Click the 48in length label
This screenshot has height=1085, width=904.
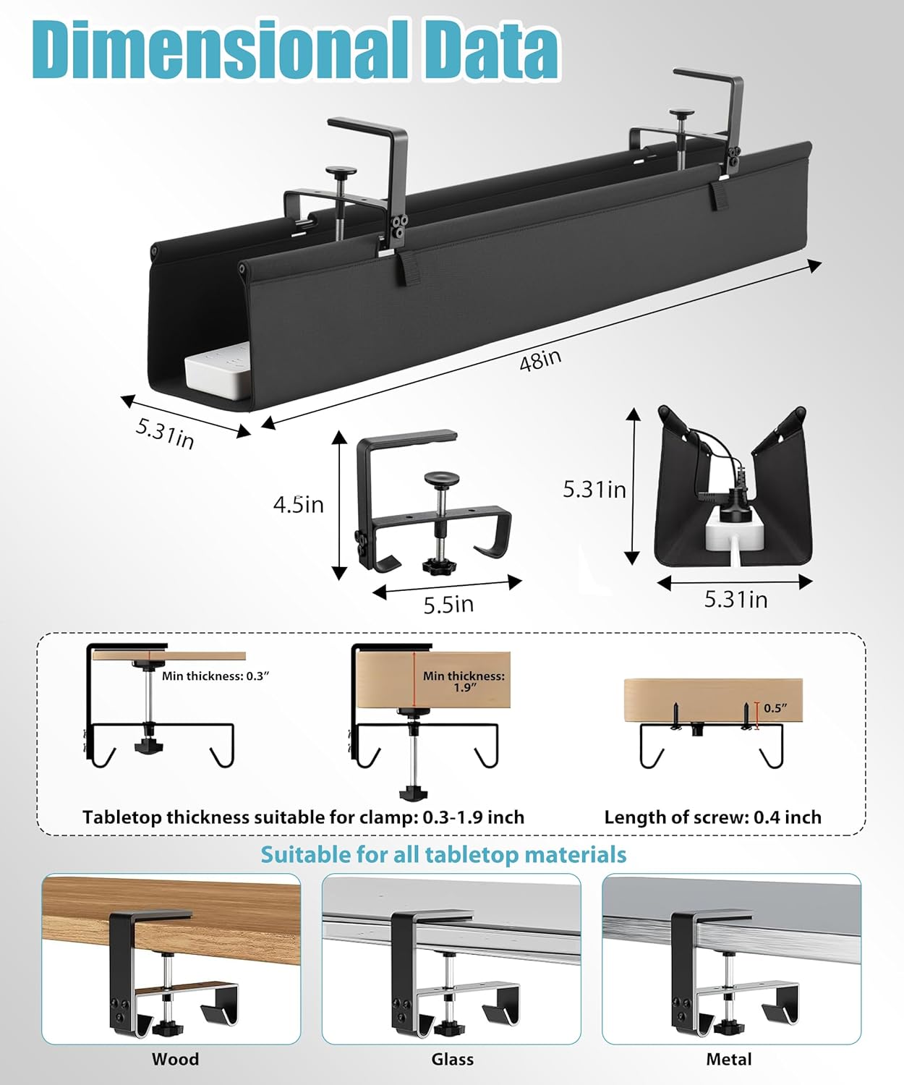click(540, 359)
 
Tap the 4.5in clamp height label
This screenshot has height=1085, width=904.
click(298, 504)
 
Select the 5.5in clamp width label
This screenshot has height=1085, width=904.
click(448, 604)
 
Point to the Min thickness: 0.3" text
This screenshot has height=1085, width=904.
click(216, 676)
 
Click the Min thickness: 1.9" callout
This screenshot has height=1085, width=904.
click(464, 681)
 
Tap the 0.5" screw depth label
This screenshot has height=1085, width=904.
click(775, 708)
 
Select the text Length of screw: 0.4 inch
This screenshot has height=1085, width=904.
click(712, 817)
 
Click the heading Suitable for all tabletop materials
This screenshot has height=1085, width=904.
click(443, 855)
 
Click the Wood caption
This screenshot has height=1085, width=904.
click(175, 1060)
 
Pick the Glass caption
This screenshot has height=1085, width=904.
click(453, 1060)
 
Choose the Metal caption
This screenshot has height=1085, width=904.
click(729, 1060)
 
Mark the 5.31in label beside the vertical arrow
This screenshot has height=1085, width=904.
click(594, 490)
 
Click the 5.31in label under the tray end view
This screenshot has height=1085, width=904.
click(735, 600)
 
